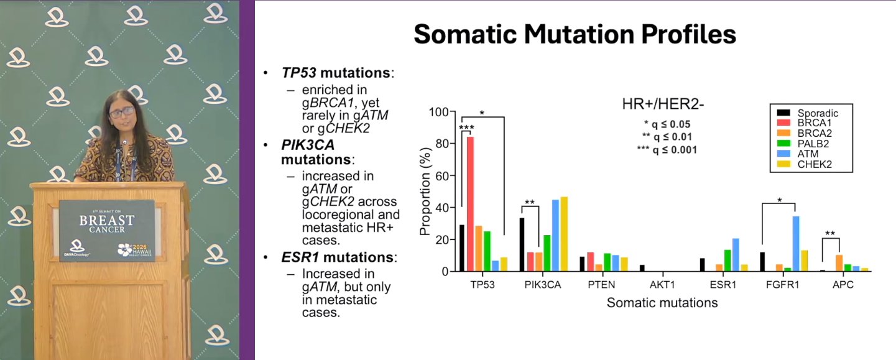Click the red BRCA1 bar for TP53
pyautogui.click(x=471, y=204)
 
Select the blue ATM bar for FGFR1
pyautogui.click(x=796, y=244)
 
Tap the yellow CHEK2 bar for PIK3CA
pyautogui.click(x=564, y=234)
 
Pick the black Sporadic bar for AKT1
pyautogui.click(x=642, y=268)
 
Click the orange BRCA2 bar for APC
pyautogui.click(x=839, y=263)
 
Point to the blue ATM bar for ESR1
pyautogui.click(x=736, y=255)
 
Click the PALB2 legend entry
pyautogui.click(x=803, y=144)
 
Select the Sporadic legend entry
pyautogui.click(x=808, y=113)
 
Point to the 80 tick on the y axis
pyautogui.click(x=442, y=144)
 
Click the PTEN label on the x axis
pyautogui.click(x=601, y=285)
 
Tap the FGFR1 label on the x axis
pyautogui.click(x=782, y=285)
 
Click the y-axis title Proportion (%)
pyautogui.click(x=425, y=192)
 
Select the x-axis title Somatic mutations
pyautogui.click(x=662, y=303)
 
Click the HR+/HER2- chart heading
pyautogui.click(x=663, y=104)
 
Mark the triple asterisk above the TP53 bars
pyautogui.click(x=466, y=128)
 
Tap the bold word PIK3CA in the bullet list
pyautogui.click(x=308, y=145)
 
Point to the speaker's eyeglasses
pyautogui.click(x=122, y=113)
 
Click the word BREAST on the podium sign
pyautogui.click(x=107, y=220)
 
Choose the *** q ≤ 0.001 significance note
pyautogui.click(x=667, y=150)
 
